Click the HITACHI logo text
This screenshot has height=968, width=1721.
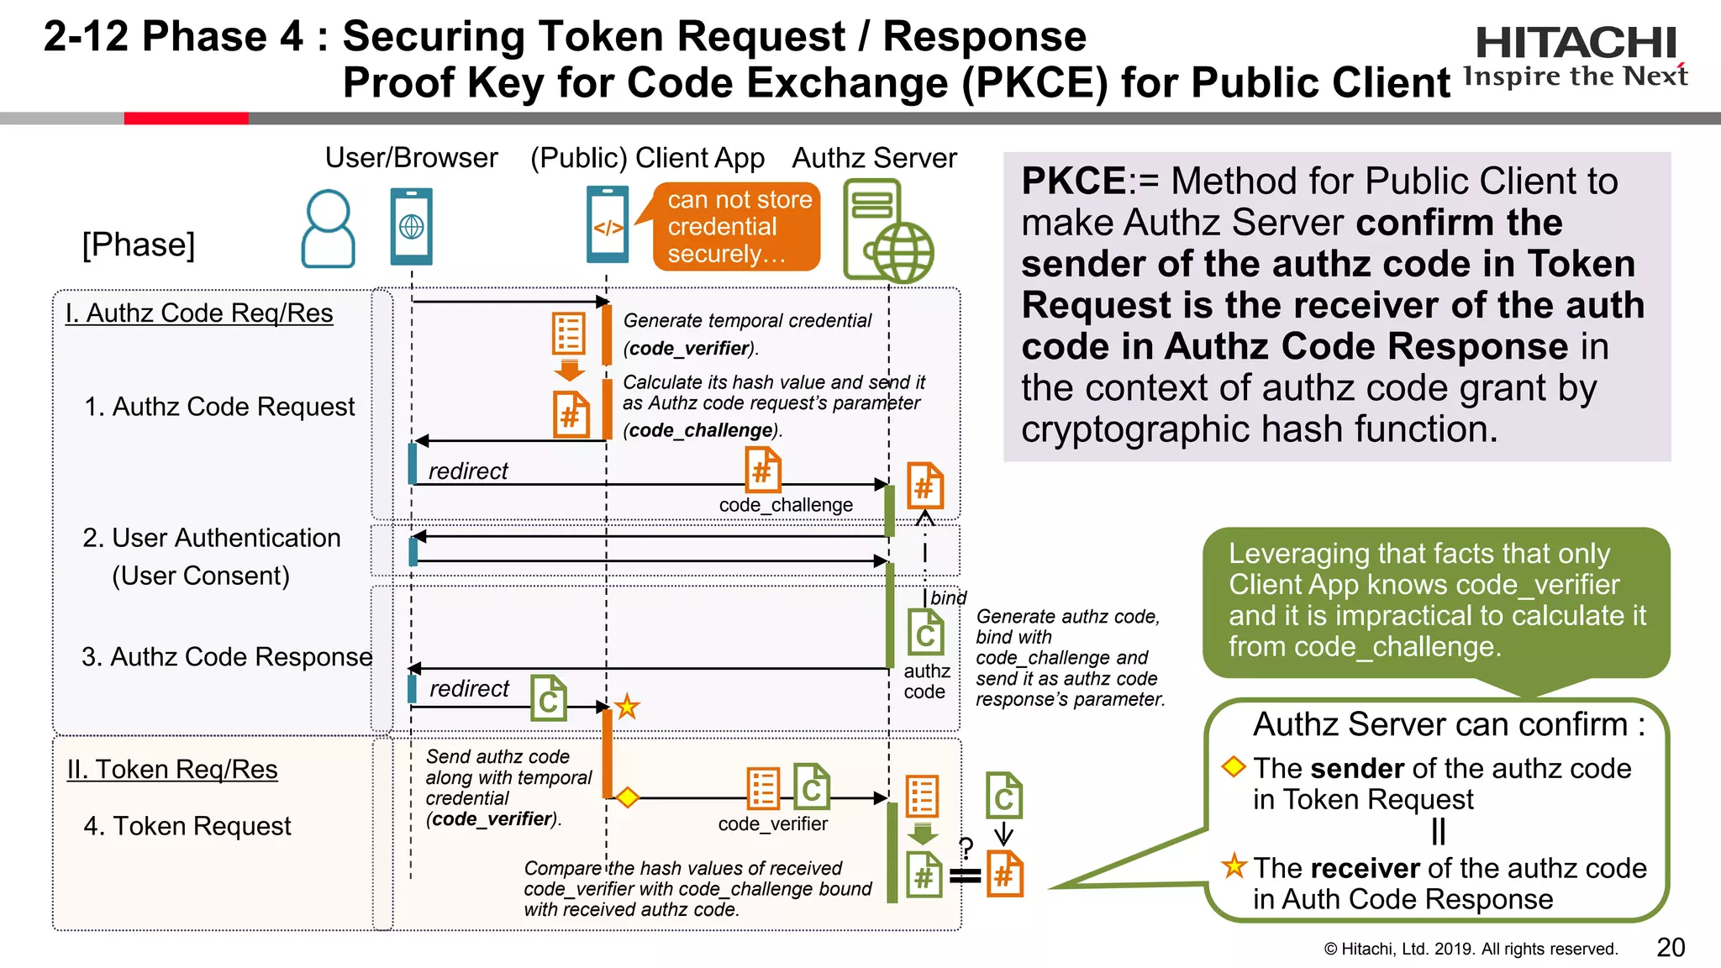click(1576, 42)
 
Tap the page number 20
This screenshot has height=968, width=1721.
click(1671, 947)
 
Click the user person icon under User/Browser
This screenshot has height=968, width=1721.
click(328, 229)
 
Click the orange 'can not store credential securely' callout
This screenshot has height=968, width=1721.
click(738, 227)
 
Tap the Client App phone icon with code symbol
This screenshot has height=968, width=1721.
click(608, 225)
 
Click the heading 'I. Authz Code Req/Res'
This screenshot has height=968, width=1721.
click(199, 313)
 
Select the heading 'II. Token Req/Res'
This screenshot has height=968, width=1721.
click(172, 769)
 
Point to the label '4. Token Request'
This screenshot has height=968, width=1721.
click(187, 826)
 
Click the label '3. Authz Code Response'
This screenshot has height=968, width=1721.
click(227, 656)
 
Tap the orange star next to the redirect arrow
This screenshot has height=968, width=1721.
click(627, 707)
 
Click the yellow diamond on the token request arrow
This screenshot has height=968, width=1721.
click(627, 797)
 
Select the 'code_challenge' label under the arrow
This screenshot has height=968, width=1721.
click(786, 505)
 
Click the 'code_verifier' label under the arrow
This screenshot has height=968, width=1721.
click(772, 824)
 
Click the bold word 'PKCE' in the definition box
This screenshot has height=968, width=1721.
click(1073, 181)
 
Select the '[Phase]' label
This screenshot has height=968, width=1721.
click(139, 245)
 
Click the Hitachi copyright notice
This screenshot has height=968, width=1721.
click(1471, 949)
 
